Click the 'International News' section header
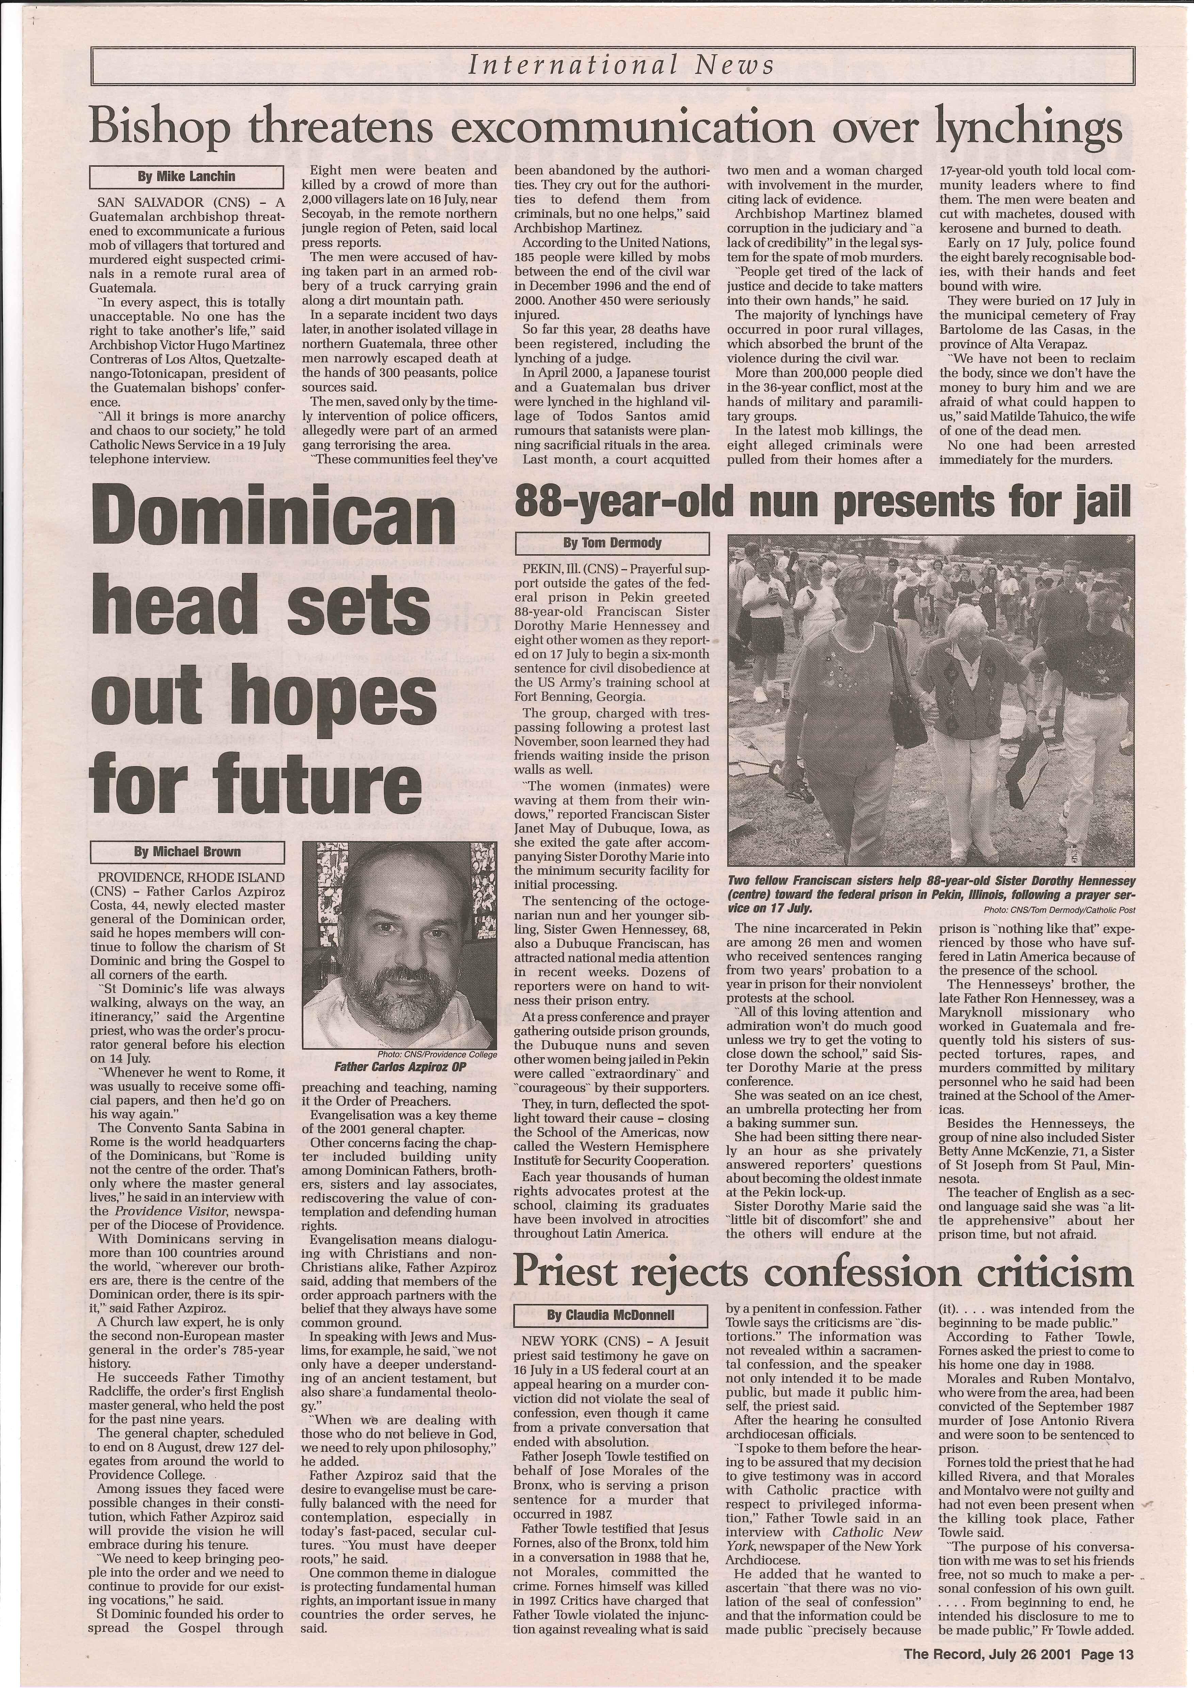pos(621,65)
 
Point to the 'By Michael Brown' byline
pos(187,852)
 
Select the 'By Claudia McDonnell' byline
pos(610,1314)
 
